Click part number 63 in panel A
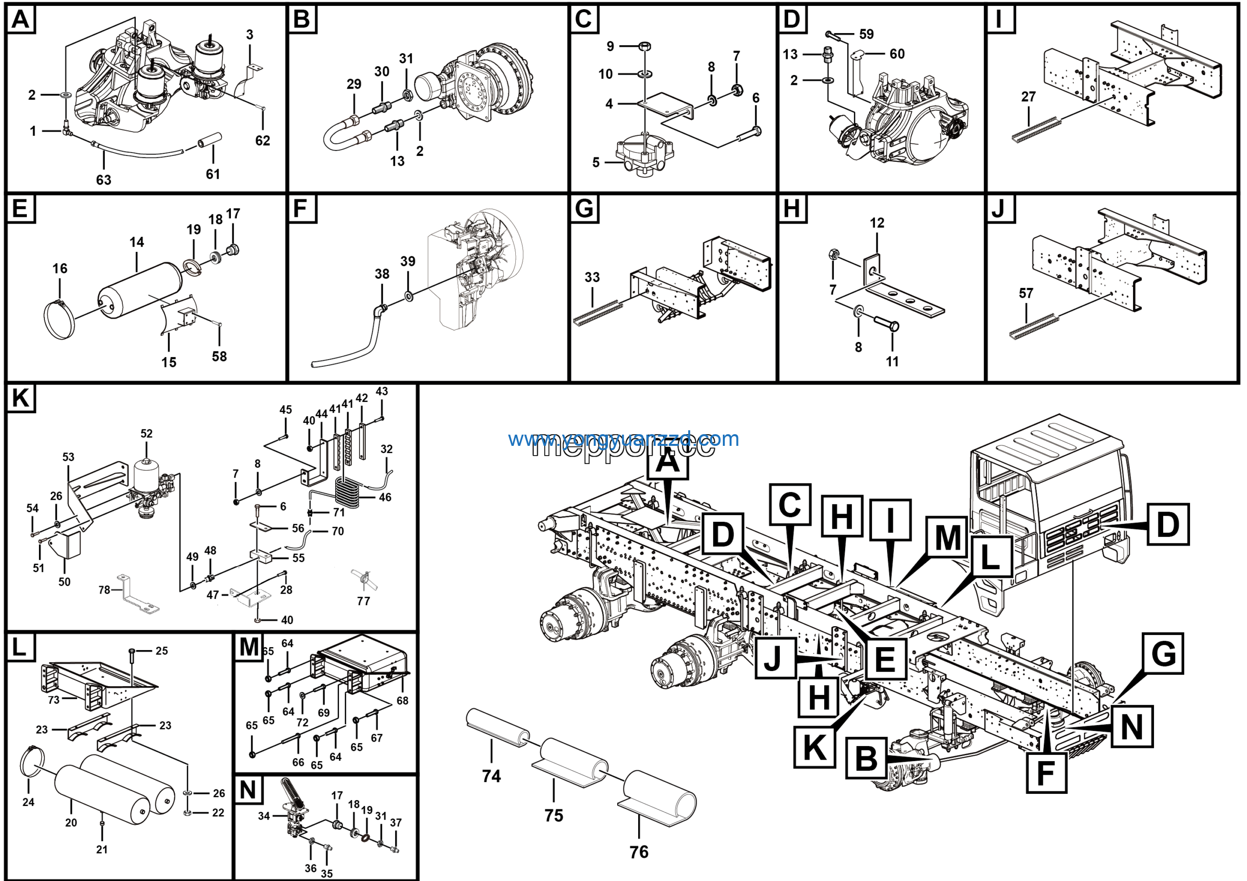103,180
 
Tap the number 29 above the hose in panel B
354,84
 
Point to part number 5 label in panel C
596,162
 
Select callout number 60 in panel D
897,54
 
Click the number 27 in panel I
1028,96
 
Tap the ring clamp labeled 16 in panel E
58,321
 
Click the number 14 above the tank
136,242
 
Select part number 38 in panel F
382,274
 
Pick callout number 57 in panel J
1025,293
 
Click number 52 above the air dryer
147,434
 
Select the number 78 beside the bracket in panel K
104,590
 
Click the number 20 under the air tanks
71,823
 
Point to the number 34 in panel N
264,816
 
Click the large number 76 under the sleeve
639,852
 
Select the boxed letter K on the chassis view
814,747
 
